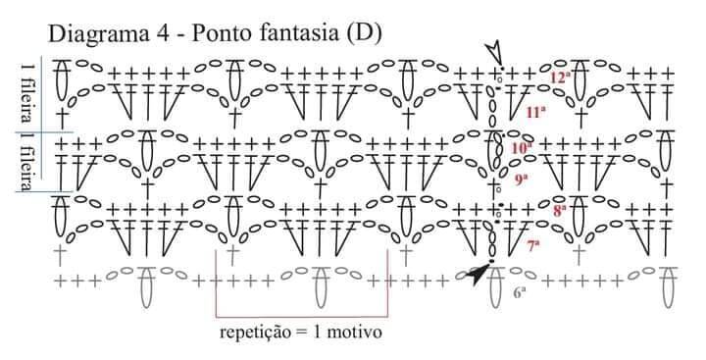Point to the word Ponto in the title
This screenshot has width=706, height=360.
(218, 33)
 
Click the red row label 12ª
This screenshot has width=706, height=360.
(560, 77)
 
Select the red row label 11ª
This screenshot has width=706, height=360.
(536, 112)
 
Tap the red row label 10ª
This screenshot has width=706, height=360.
(522, 147)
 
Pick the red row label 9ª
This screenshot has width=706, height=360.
(521, 180)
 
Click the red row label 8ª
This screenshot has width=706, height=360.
(559, 211)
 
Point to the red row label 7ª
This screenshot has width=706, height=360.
(533, 245)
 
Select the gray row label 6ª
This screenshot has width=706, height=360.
(520, 293)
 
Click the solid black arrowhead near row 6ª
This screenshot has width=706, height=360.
(478, 274)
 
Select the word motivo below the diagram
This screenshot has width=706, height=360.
(354, 333)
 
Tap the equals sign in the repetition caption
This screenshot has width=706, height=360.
(303, 333)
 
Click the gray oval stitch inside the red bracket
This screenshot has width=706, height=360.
(320, 287)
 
